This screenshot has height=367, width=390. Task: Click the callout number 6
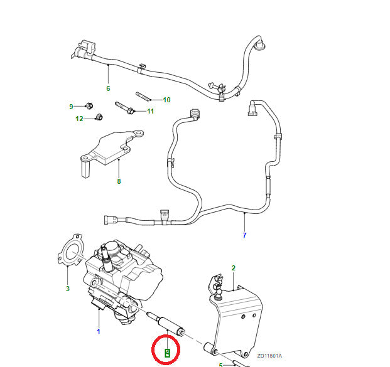coord(108,88)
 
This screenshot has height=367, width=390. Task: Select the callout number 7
coord(244,235)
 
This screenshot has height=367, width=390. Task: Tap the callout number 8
coord(118,182)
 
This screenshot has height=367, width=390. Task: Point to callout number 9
coord(71,106)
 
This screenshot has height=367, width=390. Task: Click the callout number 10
coord(166,100)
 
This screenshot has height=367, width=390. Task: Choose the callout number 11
coord(150,112)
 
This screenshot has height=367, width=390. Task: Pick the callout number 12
coord(79,119)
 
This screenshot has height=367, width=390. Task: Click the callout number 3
coord(68,289)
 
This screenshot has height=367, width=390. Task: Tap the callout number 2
coord(233,268)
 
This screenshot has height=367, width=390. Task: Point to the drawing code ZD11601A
coord(269,356)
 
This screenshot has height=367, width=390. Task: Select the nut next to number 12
coord(98,117)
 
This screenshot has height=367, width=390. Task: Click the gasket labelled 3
coord(72,249)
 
